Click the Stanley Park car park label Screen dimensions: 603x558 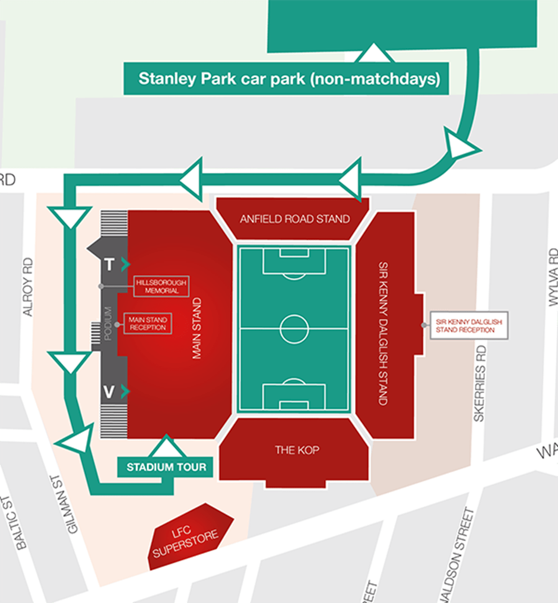[x=286, y=79]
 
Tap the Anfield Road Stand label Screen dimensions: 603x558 [x=294, y=219]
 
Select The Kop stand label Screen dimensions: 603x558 [x=297, y=450]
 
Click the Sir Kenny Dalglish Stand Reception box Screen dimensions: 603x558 [x=469, y=325]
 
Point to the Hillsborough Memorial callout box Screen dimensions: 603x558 [x=161, y=286]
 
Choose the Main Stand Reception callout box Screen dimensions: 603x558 [x=147, y=324]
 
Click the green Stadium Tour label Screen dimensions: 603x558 [x=166, y=467]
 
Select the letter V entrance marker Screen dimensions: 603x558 [x=109, y=392]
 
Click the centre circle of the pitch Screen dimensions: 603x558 [x=294, y=329]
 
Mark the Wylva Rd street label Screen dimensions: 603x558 [x=553, y=276]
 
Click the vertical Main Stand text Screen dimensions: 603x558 [x=197, y=328]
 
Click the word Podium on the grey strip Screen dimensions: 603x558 [x=107, y=324]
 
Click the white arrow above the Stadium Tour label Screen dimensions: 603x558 [x=166, y=447]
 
